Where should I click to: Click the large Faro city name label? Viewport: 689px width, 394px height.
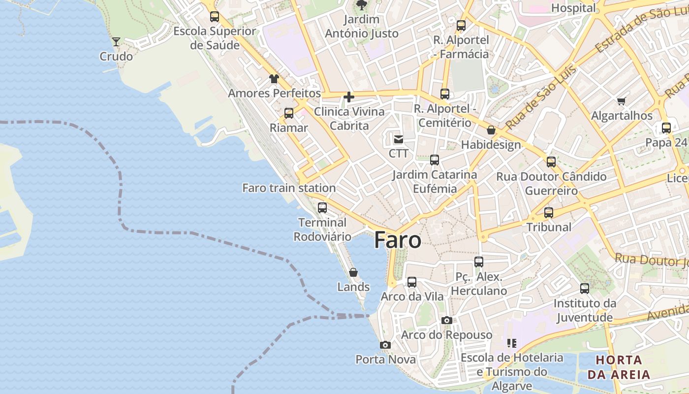point(398,240)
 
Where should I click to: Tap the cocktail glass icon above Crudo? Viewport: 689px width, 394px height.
point(116,42)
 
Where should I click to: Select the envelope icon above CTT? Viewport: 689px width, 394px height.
point(399,139)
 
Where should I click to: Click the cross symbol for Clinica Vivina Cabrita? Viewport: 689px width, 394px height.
point(349,97)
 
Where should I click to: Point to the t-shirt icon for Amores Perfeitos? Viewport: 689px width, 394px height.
point(274,79)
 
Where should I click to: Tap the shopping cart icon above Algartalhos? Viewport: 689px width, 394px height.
point(621,101)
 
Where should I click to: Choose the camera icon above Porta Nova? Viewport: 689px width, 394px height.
point(385,345)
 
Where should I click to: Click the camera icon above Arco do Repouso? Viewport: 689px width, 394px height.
point(446,321)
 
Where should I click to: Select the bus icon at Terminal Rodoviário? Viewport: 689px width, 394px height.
point(322,208)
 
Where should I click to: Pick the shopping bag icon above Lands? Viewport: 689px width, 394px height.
point(353,272)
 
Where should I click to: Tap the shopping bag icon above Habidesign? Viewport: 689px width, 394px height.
point(491,131)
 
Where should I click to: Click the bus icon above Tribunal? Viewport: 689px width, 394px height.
point(549,213)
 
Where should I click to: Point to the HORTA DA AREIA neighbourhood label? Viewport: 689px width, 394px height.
point(619,367)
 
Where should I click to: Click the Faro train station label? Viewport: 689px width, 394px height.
point(289,188)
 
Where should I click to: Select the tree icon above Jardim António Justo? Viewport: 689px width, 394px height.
point(362,5)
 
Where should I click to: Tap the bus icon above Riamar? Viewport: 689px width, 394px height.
point(289,113)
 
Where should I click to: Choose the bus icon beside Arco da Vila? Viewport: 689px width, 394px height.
point(412,282)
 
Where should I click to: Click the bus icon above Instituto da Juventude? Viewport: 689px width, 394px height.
point(585,289)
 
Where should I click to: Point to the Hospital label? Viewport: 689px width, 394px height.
point(573,8)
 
